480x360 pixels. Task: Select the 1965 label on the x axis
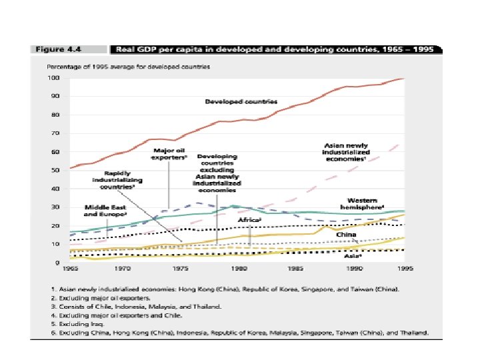click(69, 269)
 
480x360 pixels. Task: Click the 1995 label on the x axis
click(402, 269)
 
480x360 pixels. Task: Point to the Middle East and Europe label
click(105, 211)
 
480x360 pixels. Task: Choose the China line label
click(345, 234)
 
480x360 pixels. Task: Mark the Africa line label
click(249, 219)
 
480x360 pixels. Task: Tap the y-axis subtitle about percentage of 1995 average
click(128, 67)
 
